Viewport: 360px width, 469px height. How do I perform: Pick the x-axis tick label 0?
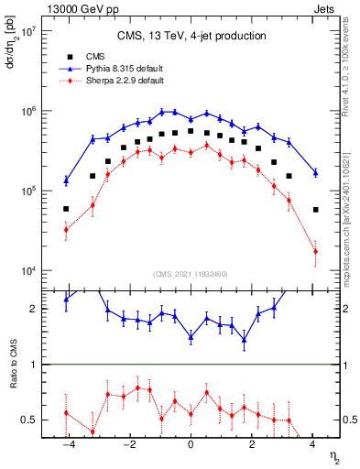tap(191, 443)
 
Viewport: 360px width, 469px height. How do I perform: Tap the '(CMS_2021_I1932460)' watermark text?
tap(191, 274)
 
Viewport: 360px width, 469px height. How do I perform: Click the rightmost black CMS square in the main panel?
tap(315, 210)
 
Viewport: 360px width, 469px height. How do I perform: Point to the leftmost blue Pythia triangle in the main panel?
tap(66, 180)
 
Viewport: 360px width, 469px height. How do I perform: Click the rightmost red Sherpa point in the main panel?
tap(315, 251)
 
